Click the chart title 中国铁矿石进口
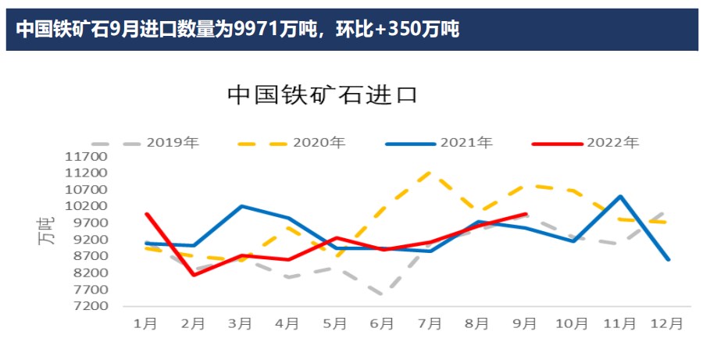(x=323, y=95)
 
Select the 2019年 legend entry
(x=173, y=143)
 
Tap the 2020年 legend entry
(x=319, y=143)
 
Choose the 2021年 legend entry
(x=466, y=143)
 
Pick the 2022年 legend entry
(x=612, y=143)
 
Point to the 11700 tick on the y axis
(x=87, y=156)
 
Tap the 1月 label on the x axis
(x=146, y=323)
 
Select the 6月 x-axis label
(x=382, y=323)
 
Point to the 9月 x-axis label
(x=524, y=323)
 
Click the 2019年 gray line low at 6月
(x=383, y=295)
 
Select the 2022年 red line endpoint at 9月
(x=525, y=213)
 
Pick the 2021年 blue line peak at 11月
(x=620, y=196)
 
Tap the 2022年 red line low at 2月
(x=193, y=274)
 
